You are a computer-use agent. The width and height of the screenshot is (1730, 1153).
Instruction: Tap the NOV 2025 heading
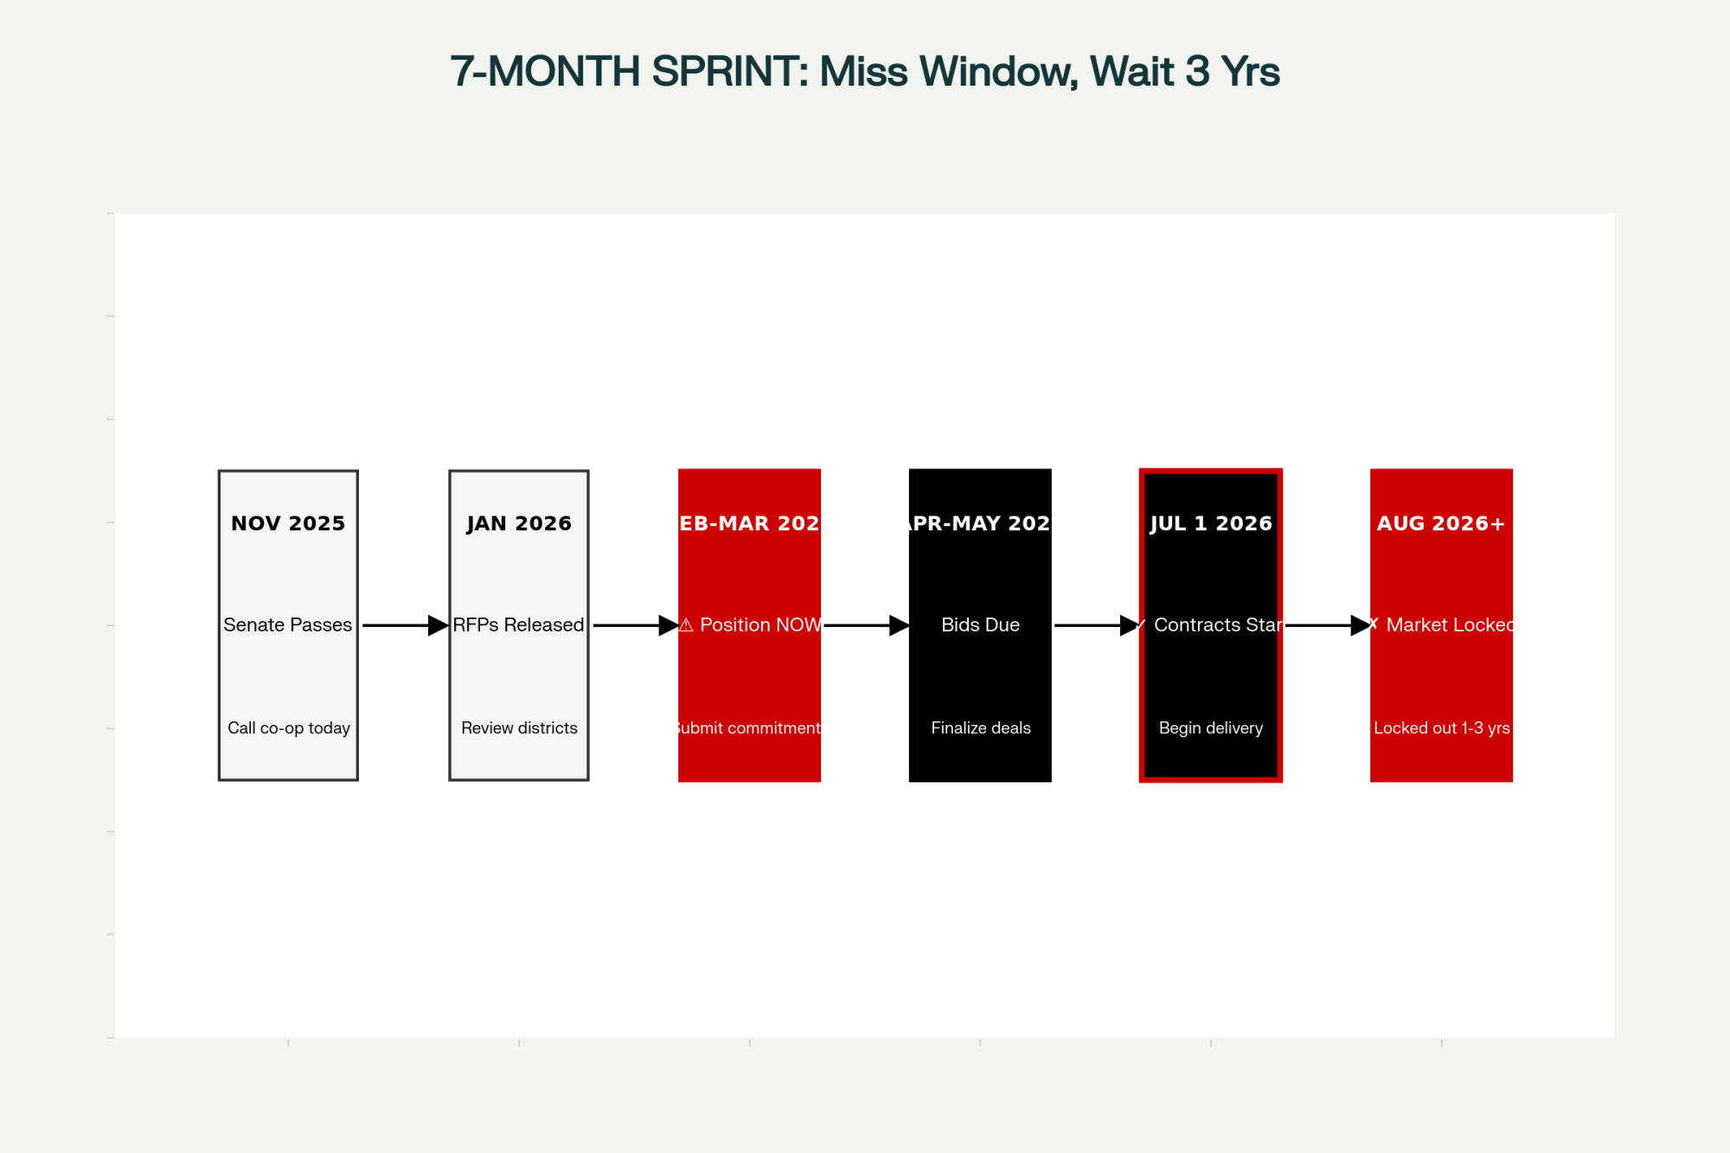point(288,523)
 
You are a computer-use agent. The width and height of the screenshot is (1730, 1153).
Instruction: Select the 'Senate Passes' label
point(288,625)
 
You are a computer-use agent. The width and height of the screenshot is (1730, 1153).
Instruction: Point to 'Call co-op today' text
point(289,728)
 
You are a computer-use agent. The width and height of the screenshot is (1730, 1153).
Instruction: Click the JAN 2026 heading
point(519,523)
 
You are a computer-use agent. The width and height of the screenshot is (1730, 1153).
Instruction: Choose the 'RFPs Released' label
point(519,625)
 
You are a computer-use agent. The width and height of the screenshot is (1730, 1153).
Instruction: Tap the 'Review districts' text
point(519,728)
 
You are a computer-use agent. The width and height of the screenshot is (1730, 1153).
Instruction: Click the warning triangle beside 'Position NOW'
point(687,625)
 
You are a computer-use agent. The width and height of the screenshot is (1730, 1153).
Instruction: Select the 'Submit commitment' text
point(749,728)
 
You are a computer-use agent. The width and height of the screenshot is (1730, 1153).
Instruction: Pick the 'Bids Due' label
point(980,625)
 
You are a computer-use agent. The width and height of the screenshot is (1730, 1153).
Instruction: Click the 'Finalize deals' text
point(981,728)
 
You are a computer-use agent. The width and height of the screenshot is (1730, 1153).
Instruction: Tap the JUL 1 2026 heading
point(1211,523)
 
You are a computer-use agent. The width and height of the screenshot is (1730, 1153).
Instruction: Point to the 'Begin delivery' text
point(1211,728)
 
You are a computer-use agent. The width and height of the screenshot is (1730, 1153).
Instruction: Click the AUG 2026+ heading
point(1441,523)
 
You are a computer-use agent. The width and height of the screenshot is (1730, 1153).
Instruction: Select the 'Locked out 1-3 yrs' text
point(1442,728)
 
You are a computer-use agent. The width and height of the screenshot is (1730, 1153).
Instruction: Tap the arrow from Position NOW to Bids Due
point(865,625)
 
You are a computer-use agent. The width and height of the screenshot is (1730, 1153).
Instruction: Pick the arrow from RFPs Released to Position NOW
point(634,625)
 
